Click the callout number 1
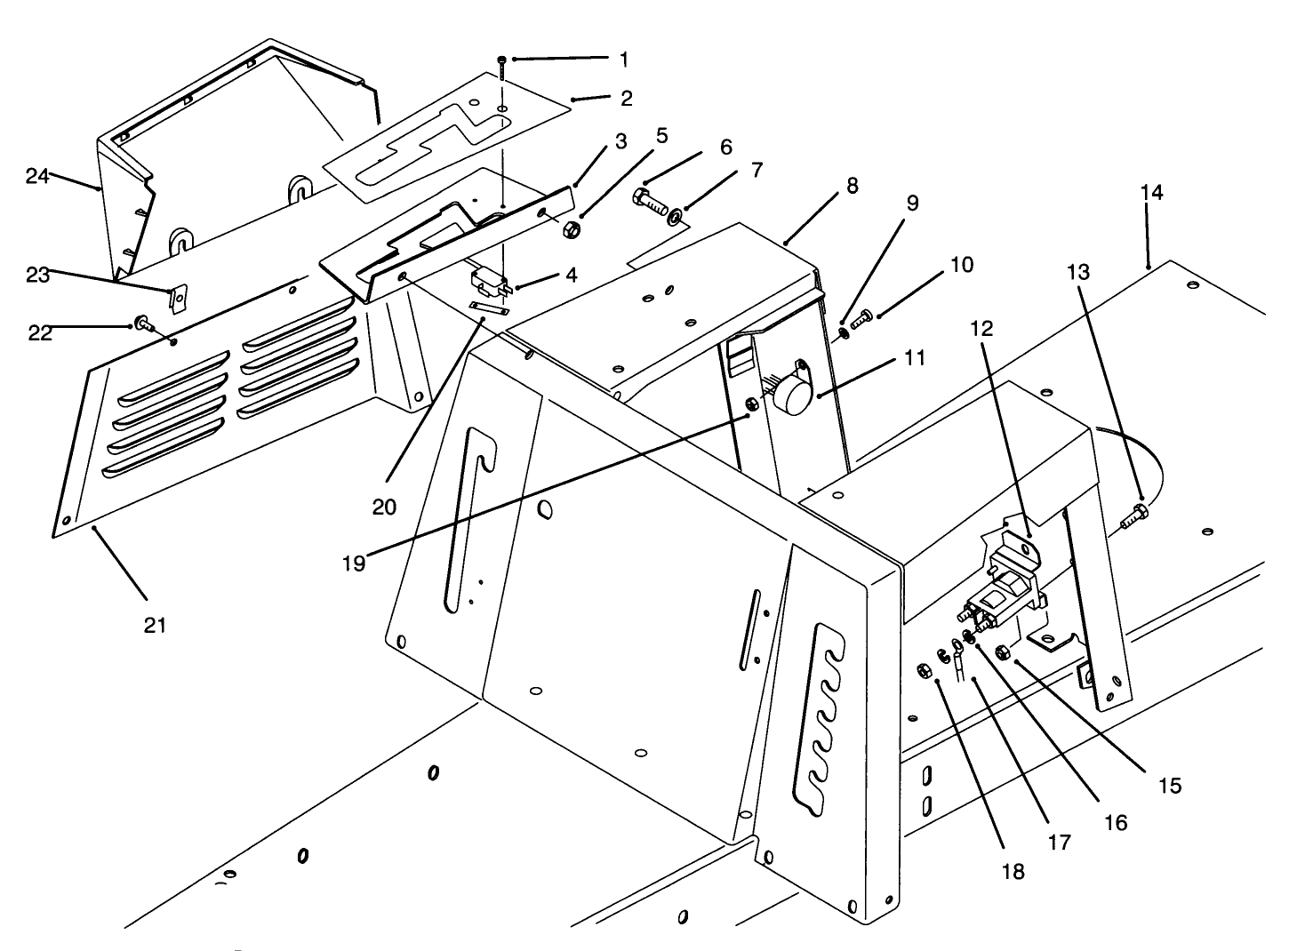click(x=624, y=60)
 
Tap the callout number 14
click(x=1151, y=193)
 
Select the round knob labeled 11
click(x=788, y=398)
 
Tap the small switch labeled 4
click(x=487, y=282)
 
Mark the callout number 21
click(x=155, y=625)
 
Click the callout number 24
click(x=36, y=176)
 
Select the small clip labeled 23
click(x=179, y=299)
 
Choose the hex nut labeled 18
click(x=924, y=669)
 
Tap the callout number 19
click(x=354, y=563)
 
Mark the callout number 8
click(x=852, y=186)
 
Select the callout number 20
click(x=384, y=507)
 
